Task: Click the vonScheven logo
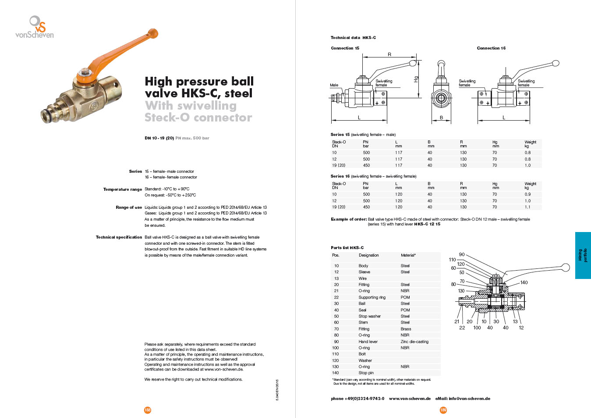click(35, 27)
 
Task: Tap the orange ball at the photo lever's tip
click(153, 33)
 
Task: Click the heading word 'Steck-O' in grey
click(167, 118)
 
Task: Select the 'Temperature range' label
click(123, 189)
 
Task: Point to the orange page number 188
click(148, 410)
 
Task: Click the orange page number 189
click(443, 410)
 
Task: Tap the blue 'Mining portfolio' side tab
click(583, 255)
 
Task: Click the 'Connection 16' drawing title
click(491, 48)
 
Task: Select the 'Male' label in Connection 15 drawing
click(334, 85)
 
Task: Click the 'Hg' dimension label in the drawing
click(416, 79)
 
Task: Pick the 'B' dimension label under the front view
click(441, 118)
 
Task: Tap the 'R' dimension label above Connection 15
click(389, 55)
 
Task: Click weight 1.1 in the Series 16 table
click(527, 207)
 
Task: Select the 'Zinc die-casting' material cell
click(414, 342)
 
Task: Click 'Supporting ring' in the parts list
click(372, 297)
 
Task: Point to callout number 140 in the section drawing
click(524, 282)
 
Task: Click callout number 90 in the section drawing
click(462, 254)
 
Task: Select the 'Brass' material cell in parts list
click(406, 329)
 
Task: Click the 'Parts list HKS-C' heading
click(347, 248)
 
